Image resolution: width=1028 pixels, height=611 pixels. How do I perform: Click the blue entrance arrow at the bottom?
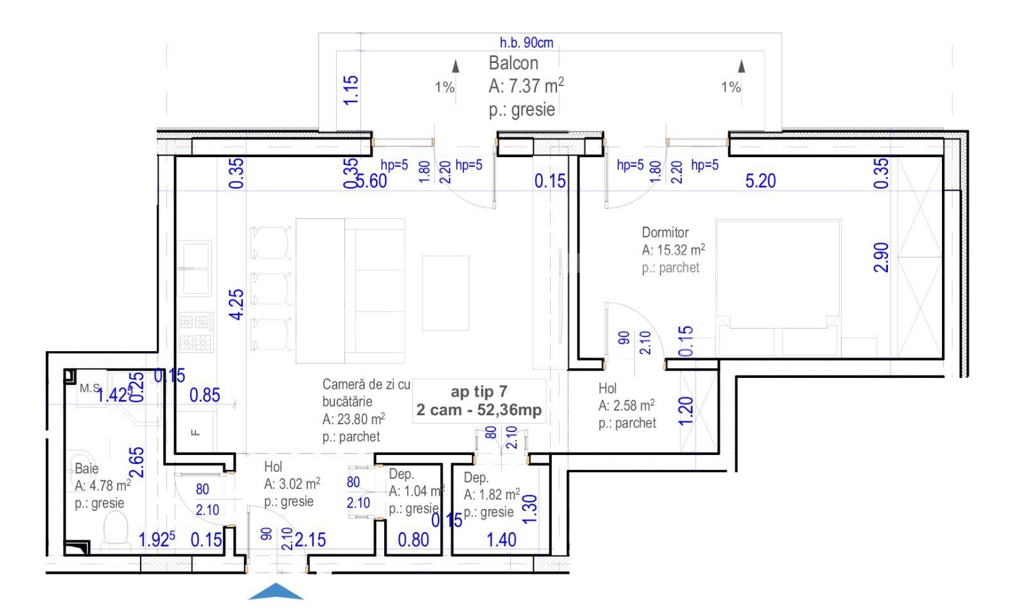tap(276, 592)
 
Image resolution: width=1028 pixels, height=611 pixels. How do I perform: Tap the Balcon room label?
tap(513, 64)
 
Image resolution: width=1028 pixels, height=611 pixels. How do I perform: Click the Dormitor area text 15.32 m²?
tap(673, 250)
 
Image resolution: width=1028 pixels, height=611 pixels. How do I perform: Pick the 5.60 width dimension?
tap(371, 181)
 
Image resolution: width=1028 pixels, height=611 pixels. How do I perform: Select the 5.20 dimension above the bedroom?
tap(760, 181)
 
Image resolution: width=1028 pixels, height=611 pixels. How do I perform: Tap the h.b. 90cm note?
tap(526, 43)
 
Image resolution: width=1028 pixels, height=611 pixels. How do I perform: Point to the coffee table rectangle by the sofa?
tap(445, 293)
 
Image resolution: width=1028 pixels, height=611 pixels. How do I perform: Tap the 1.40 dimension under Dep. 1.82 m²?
tap(501, 540)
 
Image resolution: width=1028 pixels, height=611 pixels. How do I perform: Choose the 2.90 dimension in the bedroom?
tap(882, 257)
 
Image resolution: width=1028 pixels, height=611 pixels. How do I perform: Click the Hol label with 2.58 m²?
tap(607, 388)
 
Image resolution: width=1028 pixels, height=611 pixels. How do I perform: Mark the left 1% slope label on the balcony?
tap(445, 87)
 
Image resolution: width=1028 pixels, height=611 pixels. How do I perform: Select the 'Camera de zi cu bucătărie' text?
tap(366, 393)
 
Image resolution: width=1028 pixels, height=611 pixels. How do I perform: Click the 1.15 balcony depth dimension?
tap(351, 90)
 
